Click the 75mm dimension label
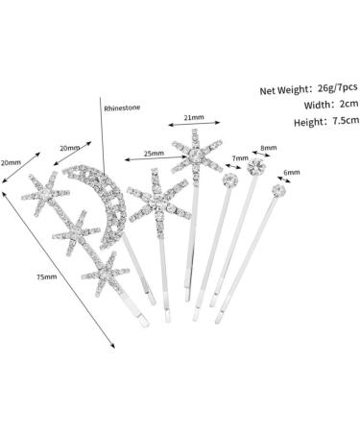point(47,277)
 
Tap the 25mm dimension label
point(154,154)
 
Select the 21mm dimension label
point(194,117)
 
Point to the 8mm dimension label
point(269,148)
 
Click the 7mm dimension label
point(240,158)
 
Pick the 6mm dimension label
point(292,173)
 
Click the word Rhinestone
point(122,108)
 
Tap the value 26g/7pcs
point(338,87)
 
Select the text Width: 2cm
point(331,105)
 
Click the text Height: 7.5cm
point(326,121)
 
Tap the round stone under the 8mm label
point(257,167)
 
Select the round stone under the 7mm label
point(230,180)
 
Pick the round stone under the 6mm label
point(279,191)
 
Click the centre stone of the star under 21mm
point(196,156)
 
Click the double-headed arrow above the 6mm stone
point(283,180)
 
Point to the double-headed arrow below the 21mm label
point(194,124)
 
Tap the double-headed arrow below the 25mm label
point(156,158)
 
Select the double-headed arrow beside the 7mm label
point(233,166)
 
